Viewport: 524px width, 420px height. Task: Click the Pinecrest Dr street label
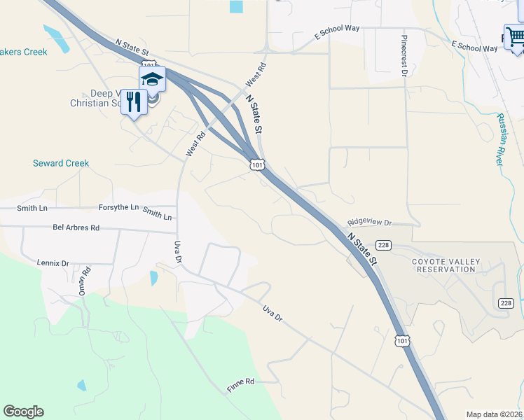click(x=404, y=55)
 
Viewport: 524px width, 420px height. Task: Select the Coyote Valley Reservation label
click(x=446, y=265)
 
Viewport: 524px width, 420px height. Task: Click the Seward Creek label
click(x=61, y=163)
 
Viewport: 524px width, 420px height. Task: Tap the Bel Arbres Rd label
click(x=76, y=227)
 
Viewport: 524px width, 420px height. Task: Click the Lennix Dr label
click(x=54, y=263)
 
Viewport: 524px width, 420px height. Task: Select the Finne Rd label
click(x=240, y=384)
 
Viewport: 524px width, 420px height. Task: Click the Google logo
click(x=23, y=412)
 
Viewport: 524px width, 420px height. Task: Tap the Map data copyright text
click(x=493, y=414)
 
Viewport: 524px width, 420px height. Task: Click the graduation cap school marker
click(x=152, y=78)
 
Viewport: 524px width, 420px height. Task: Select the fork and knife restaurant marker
click(x=133, y=102)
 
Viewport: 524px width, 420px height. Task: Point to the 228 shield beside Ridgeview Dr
click(x=383, y=245)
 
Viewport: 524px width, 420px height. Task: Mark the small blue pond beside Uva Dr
click(x=153, y=278)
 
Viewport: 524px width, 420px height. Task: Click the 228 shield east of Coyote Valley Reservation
click(x=506, y=302)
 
